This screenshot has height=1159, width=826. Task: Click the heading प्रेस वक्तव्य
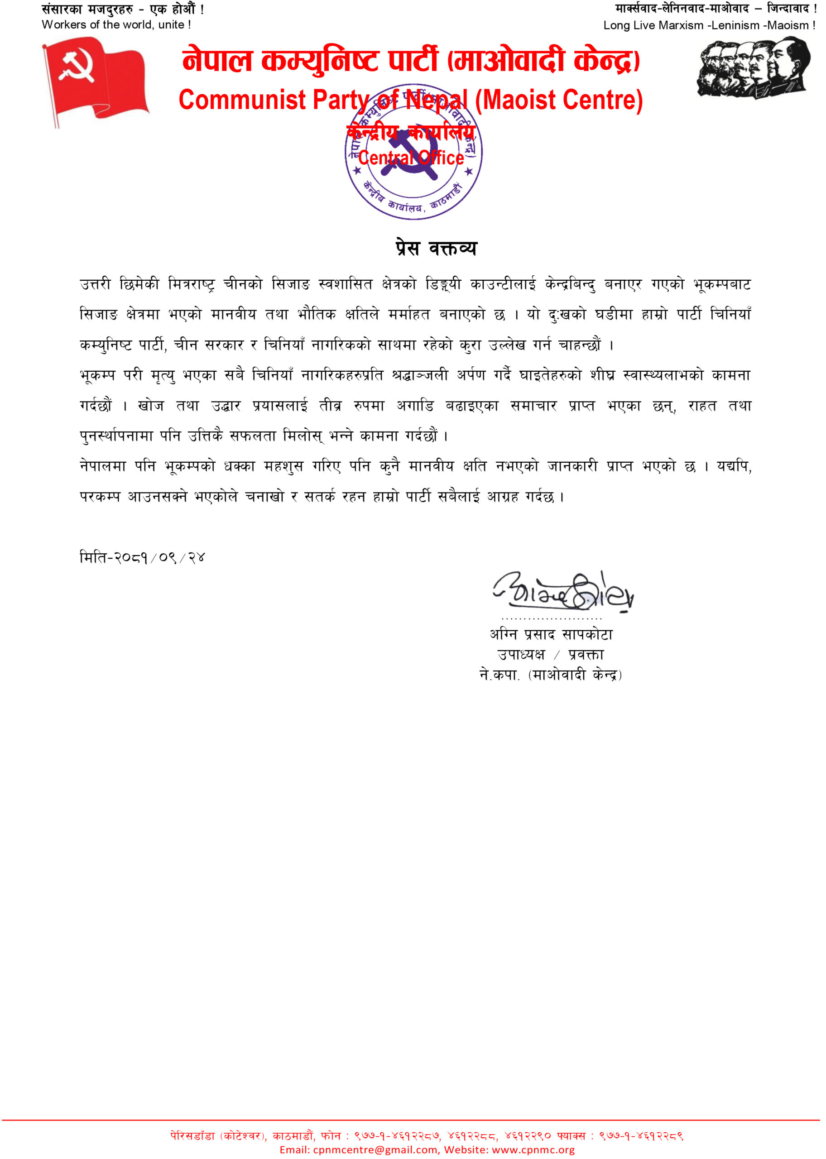pyautogui.click(x=436, y=248)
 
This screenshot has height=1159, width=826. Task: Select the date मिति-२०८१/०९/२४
pyautogui.click(x=142, y=558)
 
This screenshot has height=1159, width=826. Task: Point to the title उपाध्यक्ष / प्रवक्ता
pyautogui.click(x=550, y=655)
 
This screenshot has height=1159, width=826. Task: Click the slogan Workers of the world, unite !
pyautogui.click(x=116, y=25)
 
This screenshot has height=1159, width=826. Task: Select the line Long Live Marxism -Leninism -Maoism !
pyautogui.click(x=709, y=25)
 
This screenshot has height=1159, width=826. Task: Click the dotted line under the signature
pyautogui.click(x=551, y=618)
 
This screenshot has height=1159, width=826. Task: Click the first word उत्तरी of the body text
pyautogui.click(x=95, y=284)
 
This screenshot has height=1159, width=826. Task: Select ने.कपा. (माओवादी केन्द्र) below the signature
pyautogui.click(x=551, y=675)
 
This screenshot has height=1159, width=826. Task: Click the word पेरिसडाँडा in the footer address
pyautogui.click(x=193, y=1135)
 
